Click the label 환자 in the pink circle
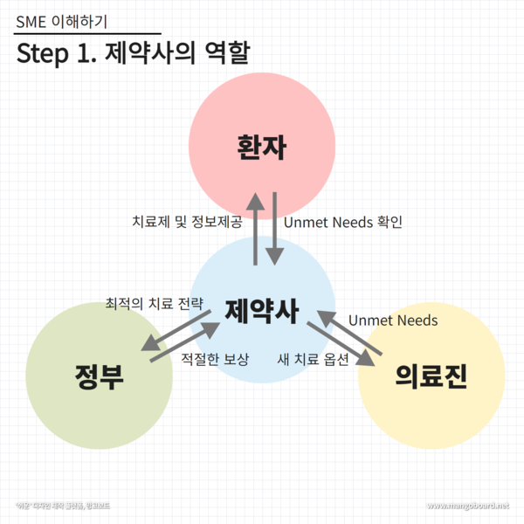pos(262,146)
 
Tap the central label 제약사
pos(262,311)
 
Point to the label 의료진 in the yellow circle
pos(431,376)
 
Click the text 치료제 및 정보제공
pos(186,222)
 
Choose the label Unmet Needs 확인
pos(343,222)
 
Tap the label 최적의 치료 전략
pos(154,304)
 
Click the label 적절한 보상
pos(215,359)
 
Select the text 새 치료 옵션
pos(313,359)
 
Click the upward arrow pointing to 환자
pos(255,229)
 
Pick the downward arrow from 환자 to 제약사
pos(274,229)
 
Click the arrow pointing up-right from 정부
pos(185,341)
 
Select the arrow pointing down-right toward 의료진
pos(341,347)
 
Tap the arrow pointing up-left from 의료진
pos(349,330)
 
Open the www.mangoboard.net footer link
pos(467,506)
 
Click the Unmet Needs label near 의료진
pos(393,321)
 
